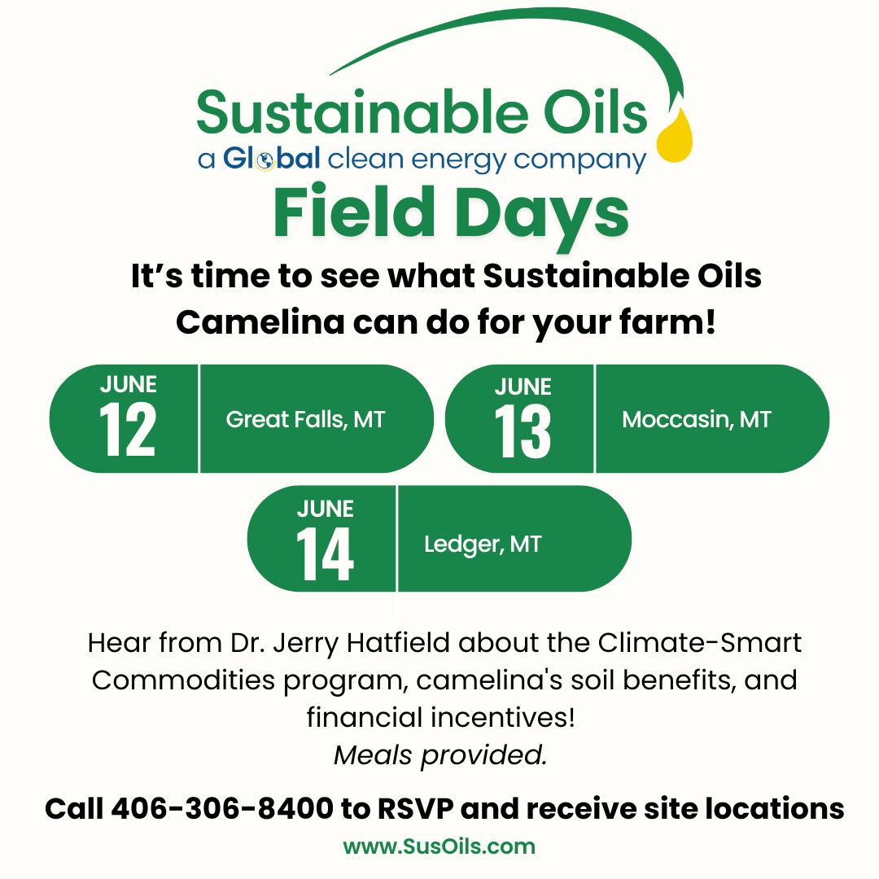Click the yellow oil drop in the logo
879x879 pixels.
(675, 134)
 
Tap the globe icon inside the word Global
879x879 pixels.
(265, 161)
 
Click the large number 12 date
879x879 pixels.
(127, 430)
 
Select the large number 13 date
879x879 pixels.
(523, 431)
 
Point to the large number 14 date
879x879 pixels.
(325, 554)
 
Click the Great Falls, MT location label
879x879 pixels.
(305, 420)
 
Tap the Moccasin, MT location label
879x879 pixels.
(697, 420)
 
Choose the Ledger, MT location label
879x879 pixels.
(483, 544)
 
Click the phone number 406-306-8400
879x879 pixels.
(222, 809)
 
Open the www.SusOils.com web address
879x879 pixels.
(439, 846)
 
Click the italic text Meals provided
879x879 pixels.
(440, 755)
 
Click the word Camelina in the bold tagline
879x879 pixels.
(260, 323)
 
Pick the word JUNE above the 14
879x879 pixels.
(325, 509)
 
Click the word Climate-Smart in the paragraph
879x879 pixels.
(700, 642)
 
